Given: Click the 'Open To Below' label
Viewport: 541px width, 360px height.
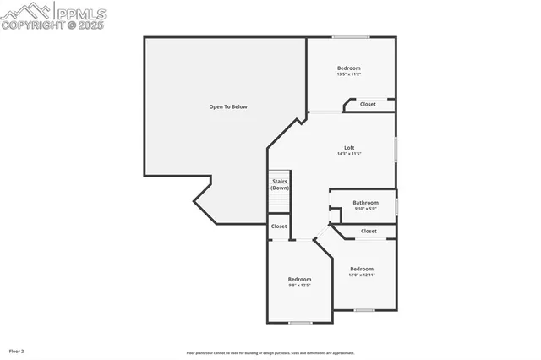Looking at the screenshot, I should click(228, 106).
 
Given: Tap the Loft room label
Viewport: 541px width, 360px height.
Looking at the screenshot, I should click(349, 148).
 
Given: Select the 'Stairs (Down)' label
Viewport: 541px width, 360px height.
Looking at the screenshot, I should click(279, 184).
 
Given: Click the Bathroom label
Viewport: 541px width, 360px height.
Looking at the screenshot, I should click(365, 203).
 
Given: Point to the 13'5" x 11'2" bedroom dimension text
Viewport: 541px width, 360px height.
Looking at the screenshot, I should click(349, 74).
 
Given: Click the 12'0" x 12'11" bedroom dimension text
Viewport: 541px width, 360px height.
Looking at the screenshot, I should click(361, 275).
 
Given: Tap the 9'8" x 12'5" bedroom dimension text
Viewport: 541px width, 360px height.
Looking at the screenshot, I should click(299, 285).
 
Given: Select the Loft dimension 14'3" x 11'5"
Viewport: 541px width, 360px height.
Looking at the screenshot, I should click(349, 154).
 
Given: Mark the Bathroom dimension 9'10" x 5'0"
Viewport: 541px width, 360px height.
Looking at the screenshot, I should click(365, 209).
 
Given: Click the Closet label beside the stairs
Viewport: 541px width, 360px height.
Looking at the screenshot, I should click(279, 226).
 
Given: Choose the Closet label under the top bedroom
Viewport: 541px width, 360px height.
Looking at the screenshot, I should click(368, 104).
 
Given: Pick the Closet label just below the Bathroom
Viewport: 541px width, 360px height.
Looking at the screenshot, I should click(369, 231).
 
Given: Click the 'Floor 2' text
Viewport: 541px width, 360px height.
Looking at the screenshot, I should click(17, 350).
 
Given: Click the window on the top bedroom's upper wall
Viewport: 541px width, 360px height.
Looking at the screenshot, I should click(350, 37).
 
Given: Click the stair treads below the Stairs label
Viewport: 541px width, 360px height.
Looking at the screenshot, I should click(279, 203).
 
